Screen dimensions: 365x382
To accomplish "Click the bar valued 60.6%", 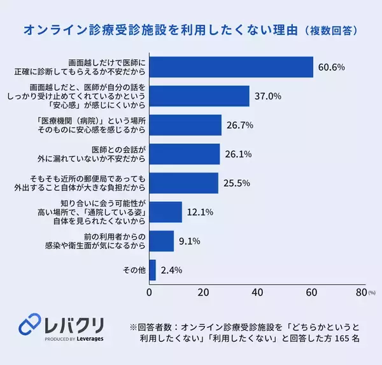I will click(x=231, y=67).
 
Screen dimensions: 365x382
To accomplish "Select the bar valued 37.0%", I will click(x=199, y=96).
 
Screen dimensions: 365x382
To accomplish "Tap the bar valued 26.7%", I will click(x=185, y=125).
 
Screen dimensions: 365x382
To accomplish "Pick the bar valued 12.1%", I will click(x=166, y=211).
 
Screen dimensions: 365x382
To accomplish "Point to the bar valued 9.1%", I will click(x=162, y=241).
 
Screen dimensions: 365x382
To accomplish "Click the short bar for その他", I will click(x=152, y=269).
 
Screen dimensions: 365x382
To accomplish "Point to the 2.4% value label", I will click(x=171, y=269).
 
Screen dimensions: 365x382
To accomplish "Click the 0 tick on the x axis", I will click(x=150, y=293).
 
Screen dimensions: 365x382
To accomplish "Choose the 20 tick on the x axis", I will click(x=203, y=293).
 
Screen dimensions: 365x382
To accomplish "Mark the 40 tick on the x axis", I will click(x=257, y=293).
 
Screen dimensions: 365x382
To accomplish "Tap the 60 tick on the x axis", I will click(x=311, y=293).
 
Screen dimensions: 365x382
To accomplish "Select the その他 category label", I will click(x=134, y=270).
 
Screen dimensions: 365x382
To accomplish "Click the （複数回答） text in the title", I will click(x=330, y=30).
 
